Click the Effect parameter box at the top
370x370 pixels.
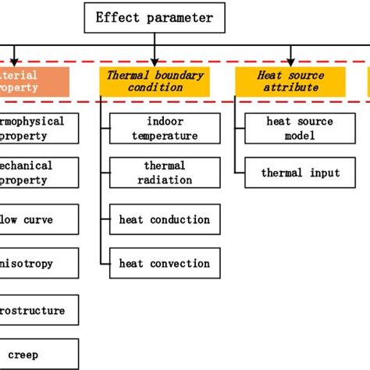coord(154,17)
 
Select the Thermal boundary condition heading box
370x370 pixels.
coord(155,81)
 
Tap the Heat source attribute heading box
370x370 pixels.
coord(290,81)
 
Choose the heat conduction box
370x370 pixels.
coord(165,220)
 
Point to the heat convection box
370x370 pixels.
coord(165,264)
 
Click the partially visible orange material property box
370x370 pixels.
coord(34,81)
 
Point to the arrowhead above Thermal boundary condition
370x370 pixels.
coord(155,60)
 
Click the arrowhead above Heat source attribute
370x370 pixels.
coord(290,60)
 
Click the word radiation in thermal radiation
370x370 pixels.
coord(165,180)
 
